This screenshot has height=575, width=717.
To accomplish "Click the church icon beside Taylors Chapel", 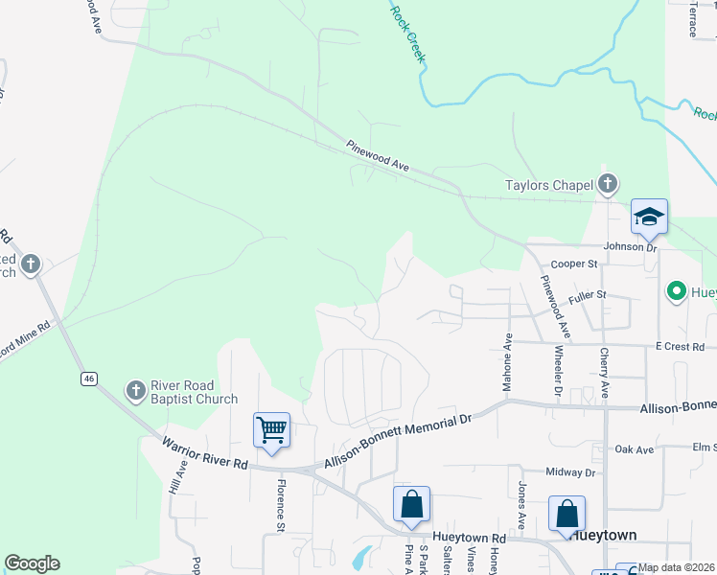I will tap(607, 183).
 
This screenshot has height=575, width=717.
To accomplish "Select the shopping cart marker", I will tap(272, 429).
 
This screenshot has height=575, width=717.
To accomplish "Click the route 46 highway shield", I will tap(89, 379).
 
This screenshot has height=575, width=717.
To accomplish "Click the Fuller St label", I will tap(587, 295).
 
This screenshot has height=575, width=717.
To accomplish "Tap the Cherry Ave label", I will tap(604, 373).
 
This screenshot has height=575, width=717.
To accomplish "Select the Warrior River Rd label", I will tap(205, 453).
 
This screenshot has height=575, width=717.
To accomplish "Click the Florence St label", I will tap(282, 506).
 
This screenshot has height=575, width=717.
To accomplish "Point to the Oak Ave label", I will tap(634, 448).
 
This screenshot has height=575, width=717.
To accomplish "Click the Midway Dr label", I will tap(570, 472).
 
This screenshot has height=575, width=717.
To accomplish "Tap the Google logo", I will tap(32, 563).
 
